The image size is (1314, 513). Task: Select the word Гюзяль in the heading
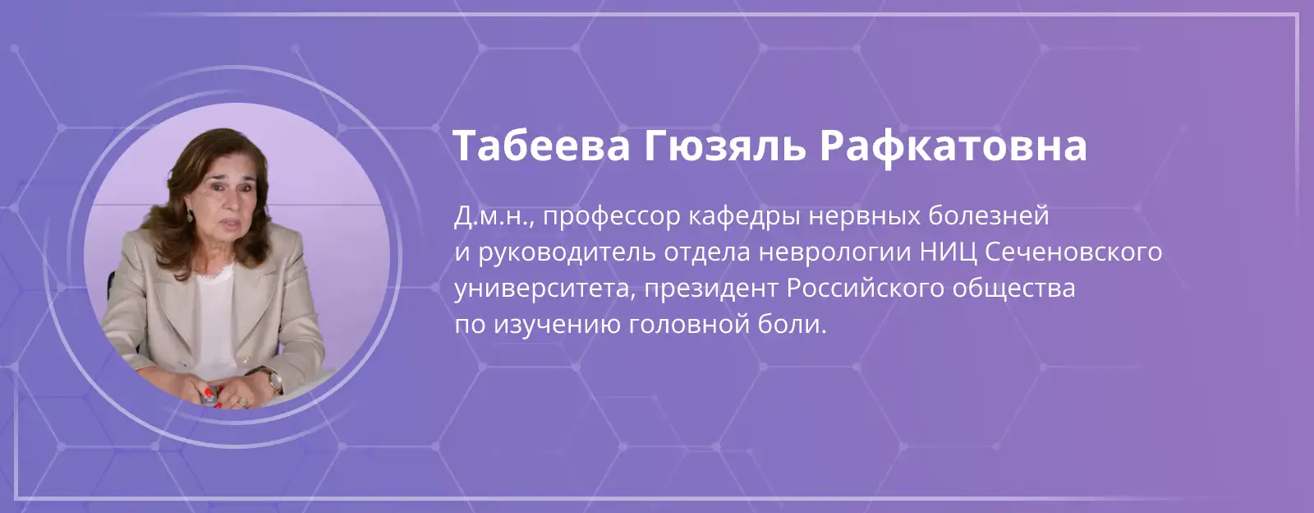point(724,146)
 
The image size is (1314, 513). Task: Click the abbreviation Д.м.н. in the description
point(493,216)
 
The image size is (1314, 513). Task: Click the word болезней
point(989,216)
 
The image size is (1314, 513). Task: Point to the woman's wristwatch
point(273,381)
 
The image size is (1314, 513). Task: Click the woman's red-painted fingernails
point(209,392)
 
